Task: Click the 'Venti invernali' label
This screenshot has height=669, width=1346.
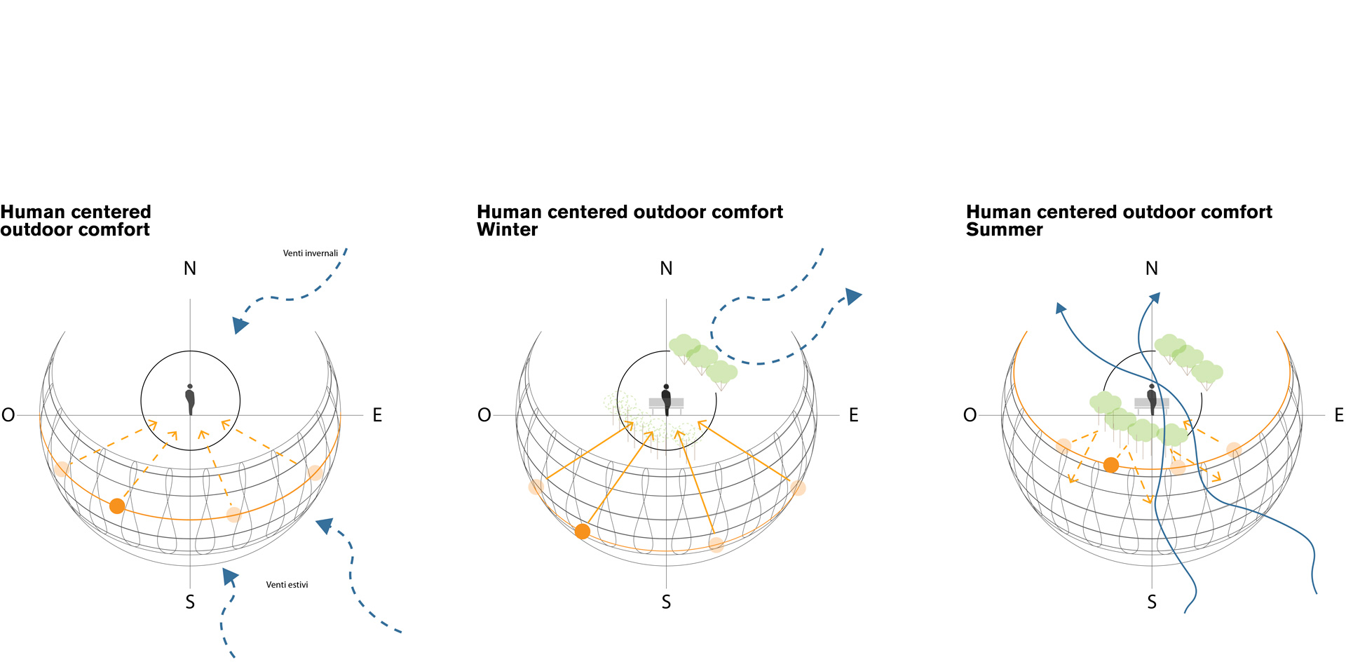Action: (x=310, y=253)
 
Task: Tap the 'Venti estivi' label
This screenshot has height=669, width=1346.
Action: (x=287, y=585)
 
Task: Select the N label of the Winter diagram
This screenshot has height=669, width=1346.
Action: (x=666, y=269)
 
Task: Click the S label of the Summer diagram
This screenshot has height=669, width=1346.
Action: (x=1151, y=602)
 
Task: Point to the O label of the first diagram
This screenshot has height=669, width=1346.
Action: (x=8, y=415)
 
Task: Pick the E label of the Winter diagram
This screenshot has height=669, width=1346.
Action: (x=853, y=415)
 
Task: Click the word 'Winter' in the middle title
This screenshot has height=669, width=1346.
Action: (x=507, y=230)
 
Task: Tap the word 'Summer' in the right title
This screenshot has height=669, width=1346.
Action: (x=1004, y=230)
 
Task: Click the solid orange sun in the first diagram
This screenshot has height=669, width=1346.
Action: (x=117, y=506)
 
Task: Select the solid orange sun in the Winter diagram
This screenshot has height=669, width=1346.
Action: (x=582, y=532)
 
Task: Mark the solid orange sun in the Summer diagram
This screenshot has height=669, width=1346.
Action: (x=1110, y=465)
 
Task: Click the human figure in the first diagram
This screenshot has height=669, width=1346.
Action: (x=190, y=399)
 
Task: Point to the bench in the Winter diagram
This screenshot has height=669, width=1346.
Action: (x=666, y=404)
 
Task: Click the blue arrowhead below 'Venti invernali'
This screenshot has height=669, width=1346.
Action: (x=240, y=325)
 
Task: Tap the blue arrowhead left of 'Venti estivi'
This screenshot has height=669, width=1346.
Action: (x=229, y=576)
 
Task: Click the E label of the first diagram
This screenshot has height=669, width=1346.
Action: (x=377, y=415)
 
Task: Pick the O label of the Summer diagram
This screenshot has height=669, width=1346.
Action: (x=970, y=415)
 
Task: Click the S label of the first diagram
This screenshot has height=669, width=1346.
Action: (x=190, y=602)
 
